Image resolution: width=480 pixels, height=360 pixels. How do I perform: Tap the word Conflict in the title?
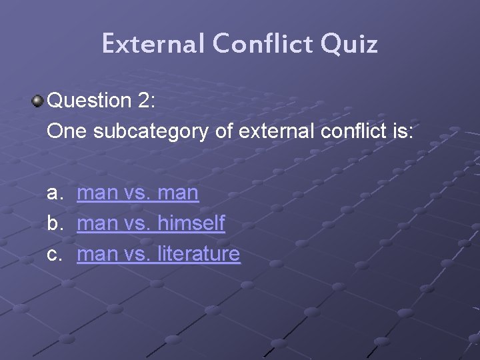[x=262, y=44]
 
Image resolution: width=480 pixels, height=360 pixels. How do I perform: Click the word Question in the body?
[x=90, y=101]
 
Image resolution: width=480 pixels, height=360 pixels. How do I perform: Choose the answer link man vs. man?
[x=137, y=193]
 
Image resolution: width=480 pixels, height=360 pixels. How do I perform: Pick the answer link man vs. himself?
[x=151, y=223]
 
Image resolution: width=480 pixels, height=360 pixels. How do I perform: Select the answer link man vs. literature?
[x=158, y=254]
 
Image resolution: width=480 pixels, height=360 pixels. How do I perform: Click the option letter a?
[x=54, y=193]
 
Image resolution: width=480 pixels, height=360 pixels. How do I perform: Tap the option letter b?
[x=54, y=223]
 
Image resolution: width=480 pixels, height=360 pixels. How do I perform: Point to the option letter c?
[x=54, y=254]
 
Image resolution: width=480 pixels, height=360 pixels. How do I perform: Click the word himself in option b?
[x=191, y=223]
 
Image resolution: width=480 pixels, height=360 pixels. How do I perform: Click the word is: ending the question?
[x=400, y=131]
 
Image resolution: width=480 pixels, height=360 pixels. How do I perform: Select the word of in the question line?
[x=225, y=131]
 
